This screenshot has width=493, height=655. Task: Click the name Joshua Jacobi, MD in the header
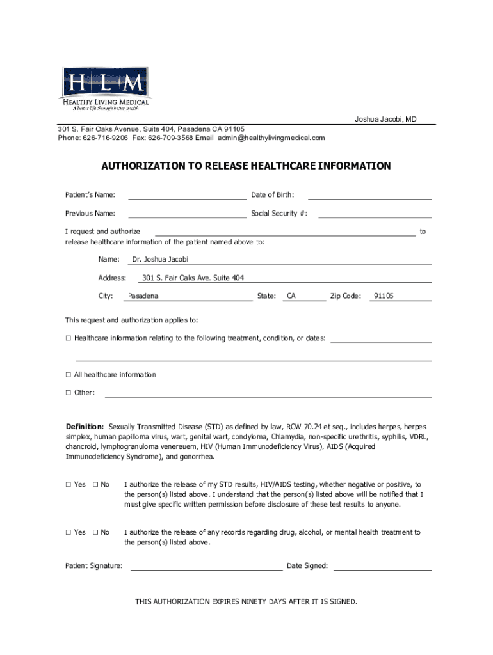pos(386,119)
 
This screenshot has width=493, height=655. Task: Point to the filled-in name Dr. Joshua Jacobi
pos(160,260)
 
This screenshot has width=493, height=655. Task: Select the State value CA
pos(291,296)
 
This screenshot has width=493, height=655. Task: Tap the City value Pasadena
pos(143,296)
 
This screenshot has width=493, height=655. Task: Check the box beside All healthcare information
pos(68,375)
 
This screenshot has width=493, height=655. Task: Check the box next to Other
pos(68,393)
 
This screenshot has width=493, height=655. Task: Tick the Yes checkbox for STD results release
pos(68,485)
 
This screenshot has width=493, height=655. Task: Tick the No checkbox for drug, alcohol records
pos(95,532)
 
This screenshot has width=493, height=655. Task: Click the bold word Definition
pos(85,427)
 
